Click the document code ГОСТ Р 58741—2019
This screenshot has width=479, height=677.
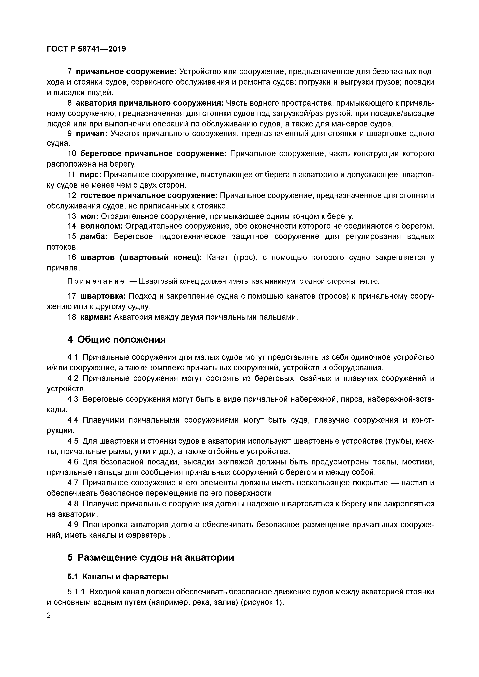pyautogui.click(x=86, y=49)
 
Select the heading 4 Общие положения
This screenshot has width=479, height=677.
pyautogui.click(x=116, y=340)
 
